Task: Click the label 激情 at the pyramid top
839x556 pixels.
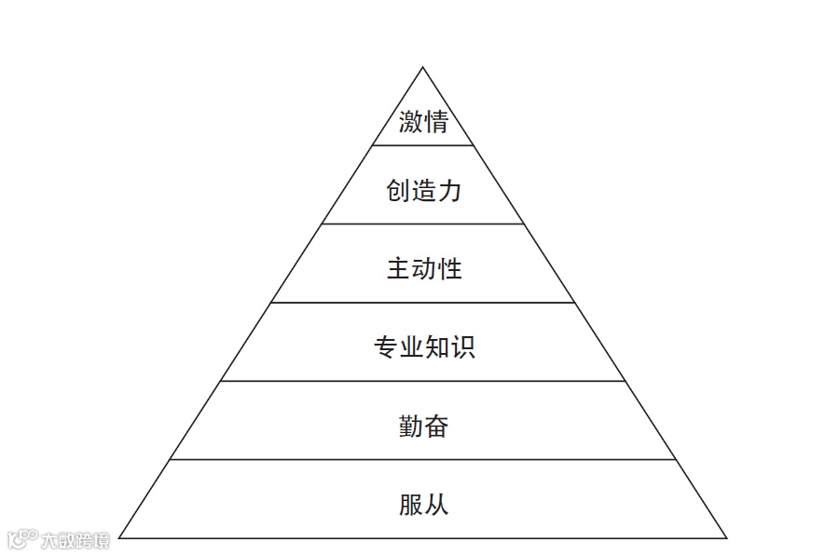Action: (423, 122)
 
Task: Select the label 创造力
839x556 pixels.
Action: (423, 192)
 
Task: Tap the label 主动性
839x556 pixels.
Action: (423, 270)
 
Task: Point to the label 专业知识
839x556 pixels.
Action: (423, 348)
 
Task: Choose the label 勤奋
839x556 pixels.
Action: (423, 427)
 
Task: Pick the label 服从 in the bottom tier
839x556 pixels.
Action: (423, 505)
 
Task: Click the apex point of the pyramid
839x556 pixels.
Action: (423, 67)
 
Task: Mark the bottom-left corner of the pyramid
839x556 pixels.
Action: (120, 537)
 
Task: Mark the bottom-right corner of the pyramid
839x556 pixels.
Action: (726, 537)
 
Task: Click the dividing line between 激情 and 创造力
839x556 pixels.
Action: (423, 145)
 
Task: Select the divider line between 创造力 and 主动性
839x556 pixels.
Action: (423, 224)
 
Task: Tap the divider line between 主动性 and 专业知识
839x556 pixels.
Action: (423, 302)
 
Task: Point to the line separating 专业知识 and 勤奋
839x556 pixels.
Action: (423, 381)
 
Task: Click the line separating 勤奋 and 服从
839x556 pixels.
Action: (423, 459)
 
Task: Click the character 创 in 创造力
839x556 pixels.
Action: (398, 192)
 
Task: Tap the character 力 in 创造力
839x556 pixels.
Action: (449, 192)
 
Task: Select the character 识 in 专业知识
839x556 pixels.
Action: (462, 348)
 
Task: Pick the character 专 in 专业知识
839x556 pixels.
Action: (385, 348)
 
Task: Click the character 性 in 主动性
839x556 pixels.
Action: (449, 270)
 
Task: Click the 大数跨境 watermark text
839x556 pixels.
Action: (75, 539)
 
